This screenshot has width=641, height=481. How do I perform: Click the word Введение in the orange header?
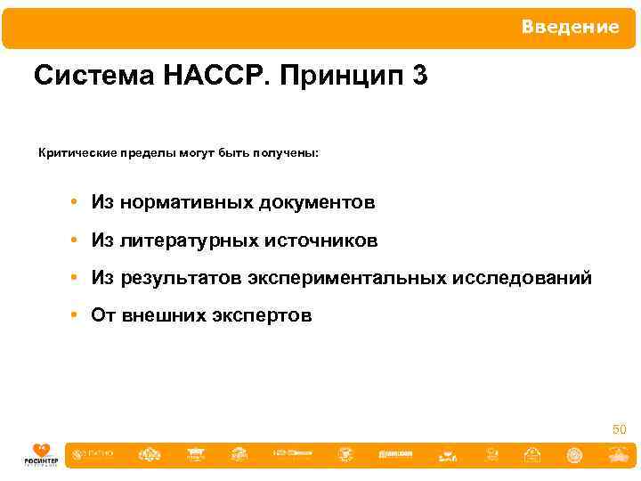coord(570,28)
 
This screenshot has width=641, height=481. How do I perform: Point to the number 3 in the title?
coord(419,77)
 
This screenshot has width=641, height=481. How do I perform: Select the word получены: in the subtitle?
coord(287,153)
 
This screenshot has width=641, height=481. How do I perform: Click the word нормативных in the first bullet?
coord(186,203)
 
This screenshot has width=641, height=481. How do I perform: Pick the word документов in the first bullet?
coord(317,203)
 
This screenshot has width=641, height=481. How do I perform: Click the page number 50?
coord(620,430)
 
